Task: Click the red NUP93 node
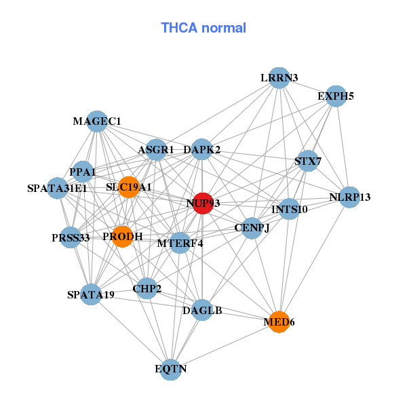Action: click(203, 203)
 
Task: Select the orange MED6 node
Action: click(279, 321)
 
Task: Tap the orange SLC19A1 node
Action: click(129, 187)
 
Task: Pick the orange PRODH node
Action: click(123, 236)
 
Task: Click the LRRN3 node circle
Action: click(279, 77)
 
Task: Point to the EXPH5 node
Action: click(336, 96)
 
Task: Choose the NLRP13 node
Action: click(350, 197)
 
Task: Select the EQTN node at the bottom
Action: click(171, 369)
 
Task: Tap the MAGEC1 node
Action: click(97, 121)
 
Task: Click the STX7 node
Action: click(308, 161)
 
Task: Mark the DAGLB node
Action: click(202, 311)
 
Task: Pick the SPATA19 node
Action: click(91, 294)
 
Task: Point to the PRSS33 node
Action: click(71, 237)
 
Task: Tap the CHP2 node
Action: click(147, 289)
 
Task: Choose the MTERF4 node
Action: click(180, 242)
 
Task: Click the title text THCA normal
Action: click(203, 28)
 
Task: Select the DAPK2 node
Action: click(201, 149)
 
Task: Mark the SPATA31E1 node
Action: click(57, 188)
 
